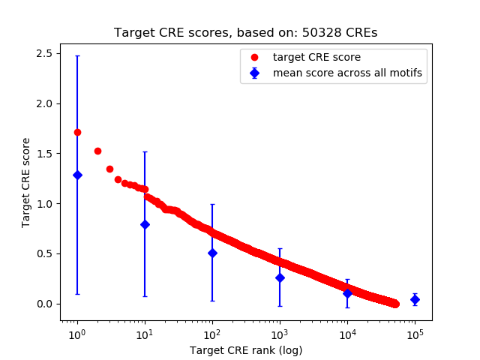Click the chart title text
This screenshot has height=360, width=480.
click(x=245, y=33)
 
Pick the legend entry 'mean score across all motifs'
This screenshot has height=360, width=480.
click(x=346, y=73)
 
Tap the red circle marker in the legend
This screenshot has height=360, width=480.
click(x=255, y=57)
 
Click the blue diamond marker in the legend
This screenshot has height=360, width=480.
click(x=255, y=73)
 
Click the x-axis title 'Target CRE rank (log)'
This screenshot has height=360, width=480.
click(x=246, y=349)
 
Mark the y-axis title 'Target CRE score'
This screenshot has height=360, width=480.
click(x=26, y=182)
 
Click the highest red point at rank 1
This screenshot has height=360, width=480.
click(x=77, y=132)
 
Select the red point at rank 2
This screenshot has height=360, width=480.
click(x=97, y=151)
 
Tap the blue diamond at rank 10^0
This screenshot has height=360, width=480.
click(x=77, y=175)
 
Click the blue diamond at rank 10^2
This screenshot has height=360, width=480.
click(x=212, y=253)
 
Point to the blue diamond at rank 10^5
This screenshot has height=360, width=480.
click(x=415, y=299)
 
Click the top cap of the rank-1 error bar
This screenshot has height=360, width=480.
click(x=77, y=56)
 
